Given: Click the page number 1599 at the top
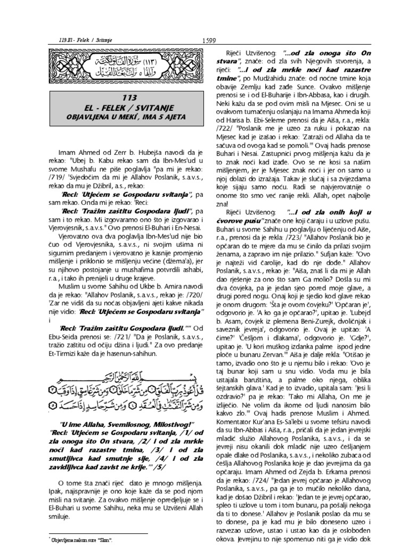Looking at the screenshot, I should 208,42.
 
